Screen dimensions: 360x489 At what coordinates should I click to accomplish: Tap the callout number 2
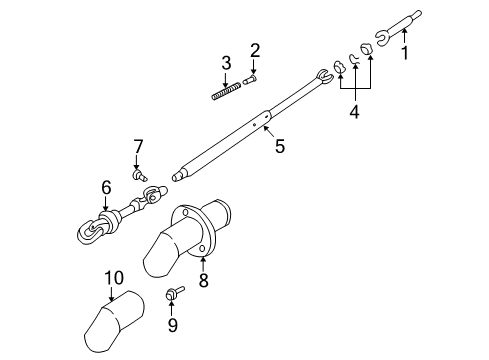[255, 51]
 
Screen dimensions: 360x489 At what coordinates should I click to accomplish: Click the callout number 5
[279, 146]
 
